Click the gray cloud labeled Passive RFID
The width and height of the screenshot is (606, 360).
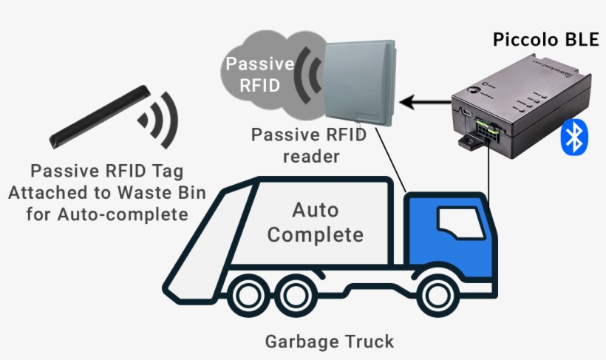coord(255,74)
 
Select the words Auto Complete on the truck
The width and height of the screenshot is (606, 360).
coord(316,223)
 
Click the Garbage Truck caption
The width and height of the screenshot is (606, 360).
coord(329,342)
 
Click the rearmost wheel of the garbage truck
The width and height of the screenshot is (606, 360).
coord(251,295)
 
